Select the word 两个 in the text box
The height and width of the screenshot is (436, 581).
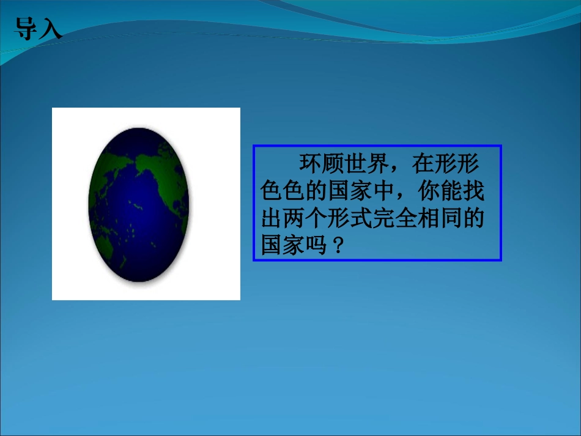pos(305,220)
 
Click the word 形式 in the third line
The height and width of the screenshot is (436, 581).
pos(349,220)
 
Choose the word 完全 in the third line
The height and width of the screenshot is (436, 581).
pos(394,220)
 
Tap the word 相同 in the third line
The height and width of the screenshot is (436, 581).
pos(439,220)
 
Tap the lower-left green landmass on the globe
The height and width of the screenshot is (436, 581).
pos(104,245)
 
